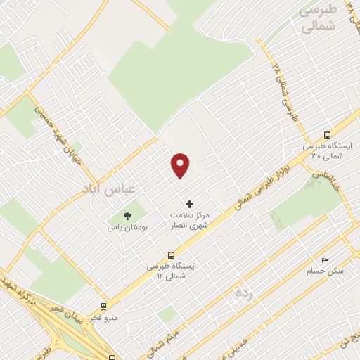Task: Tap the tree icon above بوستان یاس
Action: (x=127, y=216)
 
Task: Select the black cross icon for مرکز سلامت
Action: (x=189, y=203)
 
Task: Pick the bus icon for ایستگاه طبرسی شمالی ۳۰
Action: (x=326, y=135)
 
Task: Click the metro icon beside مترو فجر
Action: (x=104, y=306)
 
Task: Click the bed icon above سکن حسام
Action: (x=324, y=260)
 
